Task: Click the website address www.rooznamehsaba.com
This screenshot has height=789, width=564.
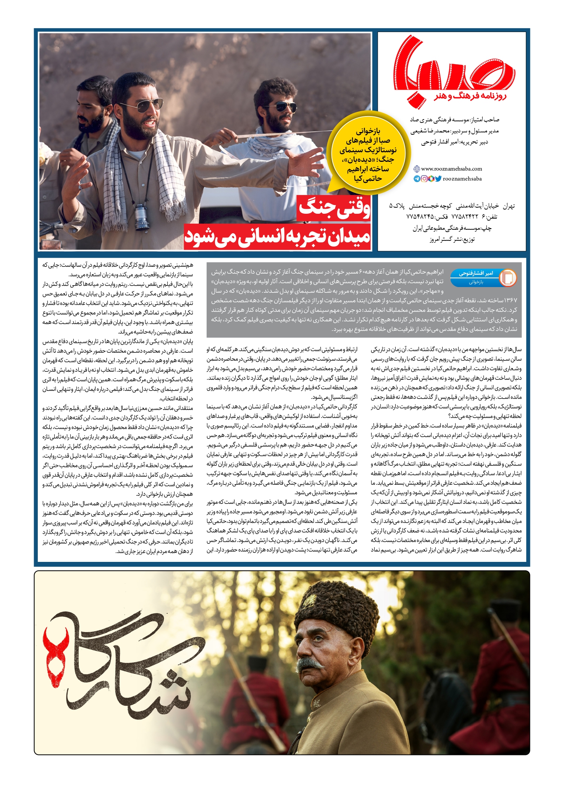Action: pyautogui.click(x=451, y=169)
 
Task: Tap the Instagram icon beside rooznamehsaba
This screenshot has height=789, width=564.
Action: pyautogui.click(x=424, y=179)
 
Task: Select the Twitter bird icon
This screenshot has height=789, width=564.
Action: pyautogui.click(x=438, y=179)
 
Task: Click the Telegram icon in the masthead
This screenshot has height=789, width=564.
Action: pyautogui.click(x=417, y=179)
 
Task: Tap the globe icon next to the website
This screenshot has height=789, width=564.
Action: pyautogui.click(x=417, y=169)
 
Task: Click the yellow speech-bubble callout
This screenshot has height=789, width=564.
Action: pyautogui.click(x=368, y=155)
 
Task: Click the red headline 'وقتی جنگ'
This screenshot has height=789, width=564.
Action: pyautogui.click(x=334, y=208)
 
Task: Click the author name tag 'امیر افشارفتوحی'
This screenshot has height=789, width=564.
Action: pyautogui.click(x=476, y=273)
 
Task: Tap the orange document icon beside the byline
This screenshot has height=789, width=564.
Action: pyautogui.click(x=507, y=278)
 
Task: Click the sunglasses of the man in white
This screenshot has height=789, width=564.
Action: pyautogui.click(x=286, y=107)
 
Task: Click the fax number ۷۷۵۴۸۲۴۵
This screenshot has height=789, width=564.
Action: pyautogui.click(x=420, y=217)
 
